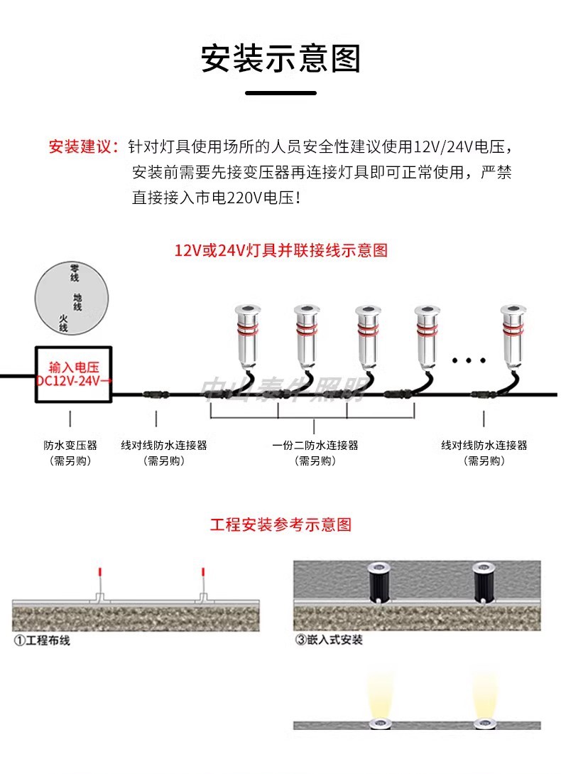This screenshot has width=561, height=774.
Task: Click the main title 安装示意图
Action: (280, 58)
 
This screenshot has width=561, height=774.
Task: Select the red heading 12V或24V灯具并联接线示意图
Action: (281, 250)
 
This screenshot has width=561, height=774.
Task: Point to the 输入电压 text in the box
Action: (70, 367)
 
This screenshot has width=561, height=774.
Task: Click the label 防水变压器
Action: (70, 446)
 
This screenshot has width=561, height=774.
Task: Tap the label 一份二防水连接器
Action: (315, 446)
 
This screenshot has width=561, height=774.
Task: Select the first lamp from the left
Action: (247, 334)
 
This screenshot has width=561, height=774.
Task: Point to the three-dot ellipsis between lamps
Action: (468, 360)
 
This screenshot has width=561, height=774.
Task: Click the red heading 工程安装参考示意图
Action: (281, 525)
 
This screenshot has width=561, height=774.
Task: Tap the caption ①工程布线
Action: (43, 640)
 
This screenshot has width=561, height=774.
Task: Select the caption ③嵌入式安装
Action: (329, 640)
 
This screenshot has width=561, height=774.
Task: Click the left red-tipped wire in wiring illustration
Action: (99, 579)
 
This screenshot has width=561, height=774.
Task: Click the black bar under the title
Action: (280, 93)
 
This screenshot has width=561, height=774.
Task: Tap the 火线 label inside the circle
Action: (63, 323)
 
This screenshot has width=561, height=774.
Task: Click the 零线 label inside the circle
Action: (74, 272)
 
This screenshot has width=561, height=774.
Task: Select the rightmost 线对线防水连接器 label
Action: (484, 446)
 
